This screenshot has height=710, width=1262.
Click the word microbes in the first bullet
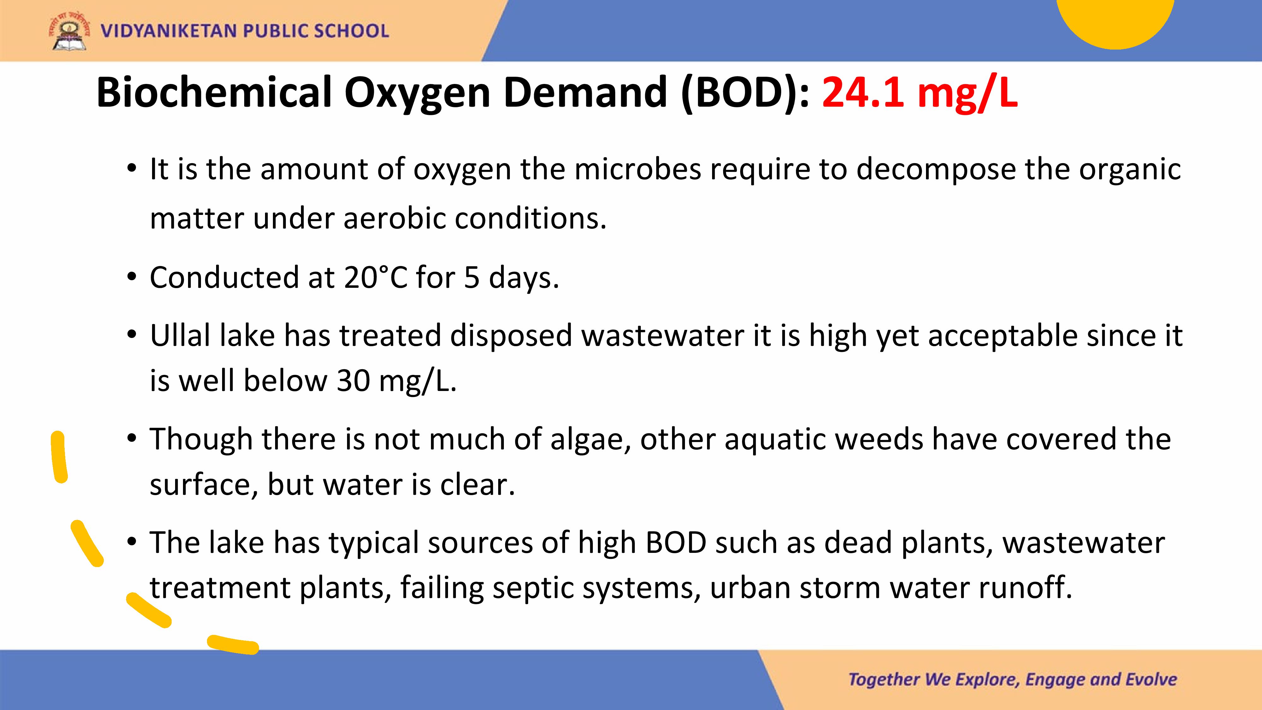638,169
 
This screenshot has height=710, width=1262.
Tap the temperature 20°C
375,277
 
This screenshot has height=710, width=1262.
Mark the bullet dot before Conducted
131,277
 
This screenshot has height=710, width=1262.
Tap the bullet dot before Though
131,439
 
